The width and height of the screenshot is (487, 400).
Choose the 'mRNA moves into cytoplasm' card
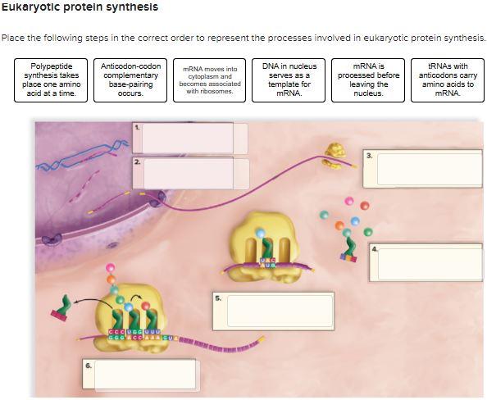point(210,80)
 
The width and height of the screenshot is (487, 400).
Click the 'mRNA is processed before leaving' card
point(367,80)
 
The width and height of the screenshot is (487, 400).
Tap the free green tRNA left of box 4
point(349,248)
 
